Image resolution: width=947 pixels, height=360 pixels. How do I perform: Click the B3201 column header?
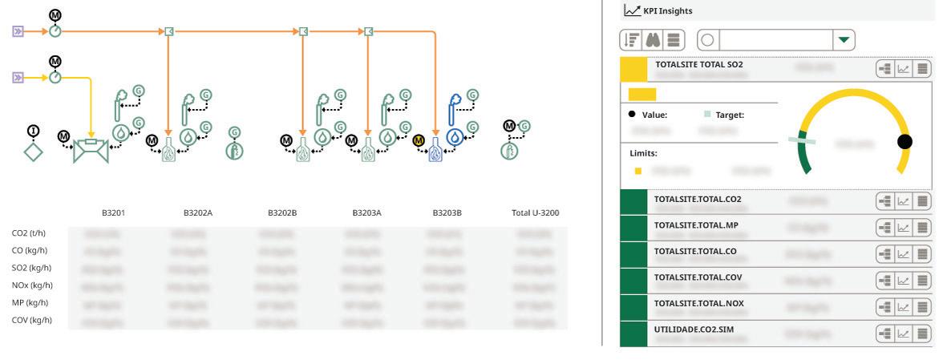pyautogui.click(x=113, y=213)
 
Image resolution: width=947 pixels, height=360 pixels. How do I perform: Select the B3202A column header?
pyautogui.click(x=198, y=213)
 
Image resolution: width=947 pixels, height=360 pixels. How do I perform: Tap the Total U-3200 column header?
pyautogui.click(x=535, y=213)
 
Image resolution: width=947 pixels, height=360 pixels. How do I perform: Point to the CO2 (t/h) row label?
pyautogui.click(x=29, y=234)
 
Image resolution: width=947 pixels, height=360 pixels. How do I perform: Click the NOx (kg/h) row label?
pyautogui.click(x=33, y=285)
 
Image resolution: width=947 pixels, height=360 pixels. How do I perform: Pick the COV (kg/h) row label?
pyautogui.click(x=32, y=321)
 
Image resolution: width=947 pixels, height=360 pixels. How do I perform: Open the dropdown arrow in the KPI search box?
pyautogui.click(x=843, y=38)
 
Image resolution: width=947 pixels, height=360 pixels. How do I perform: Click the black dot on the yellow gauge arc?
pyautogui.click(x=905, y=142)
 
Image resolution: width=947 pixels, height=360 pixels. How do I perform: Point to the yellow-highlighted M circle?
pyautogui.click(x=419, y=140)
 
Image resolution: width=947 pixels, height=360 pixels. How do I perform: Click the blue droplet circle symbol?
pyautogui.click(x=455, y=136)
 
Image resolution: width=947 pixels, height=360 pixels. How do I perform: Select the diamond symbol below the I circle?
pyautogui.click(x=33, y=151)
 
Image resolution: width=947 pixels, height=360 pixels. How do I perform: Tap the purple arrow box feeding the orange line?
pyautogui.click(x=19, y=31)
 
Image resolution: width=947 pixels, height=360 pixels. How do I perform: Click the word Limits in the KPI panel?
pyautogui.click(x=644, y=152)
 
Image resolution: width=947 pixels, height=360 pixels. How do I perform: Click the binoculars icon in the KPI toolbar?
pyautogui.click(x=653, y=38)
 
